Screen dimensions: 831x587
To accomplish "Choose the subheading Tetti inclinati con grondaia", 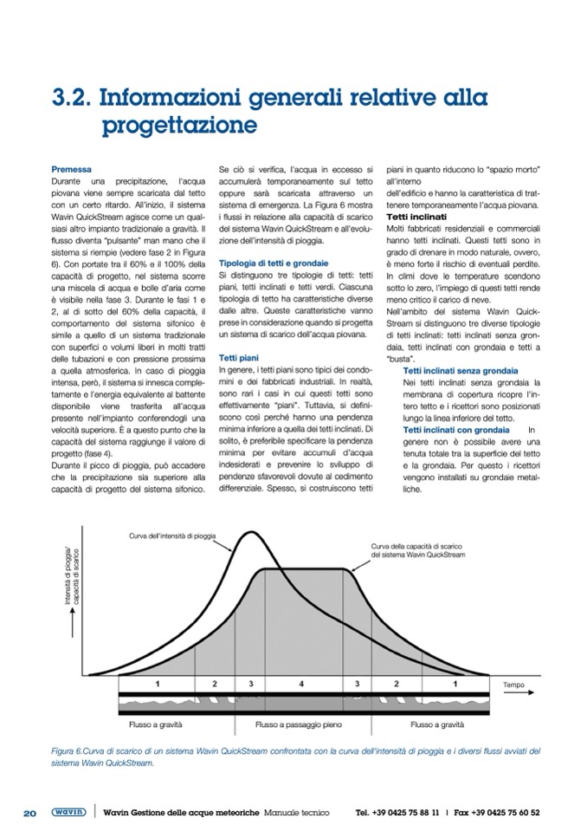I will (x=456, y=430).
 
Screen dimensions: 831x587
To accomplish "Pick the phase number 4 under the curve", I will (x=301, y=684).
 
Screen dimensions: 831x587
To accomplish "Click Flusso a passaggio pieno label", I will (x=300, y=722).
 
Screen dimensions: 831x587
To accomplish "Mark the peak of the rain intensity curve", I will (x=250, y=532).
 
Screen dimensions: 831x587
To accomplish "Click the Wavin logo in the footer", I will (x=68, y=812).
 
